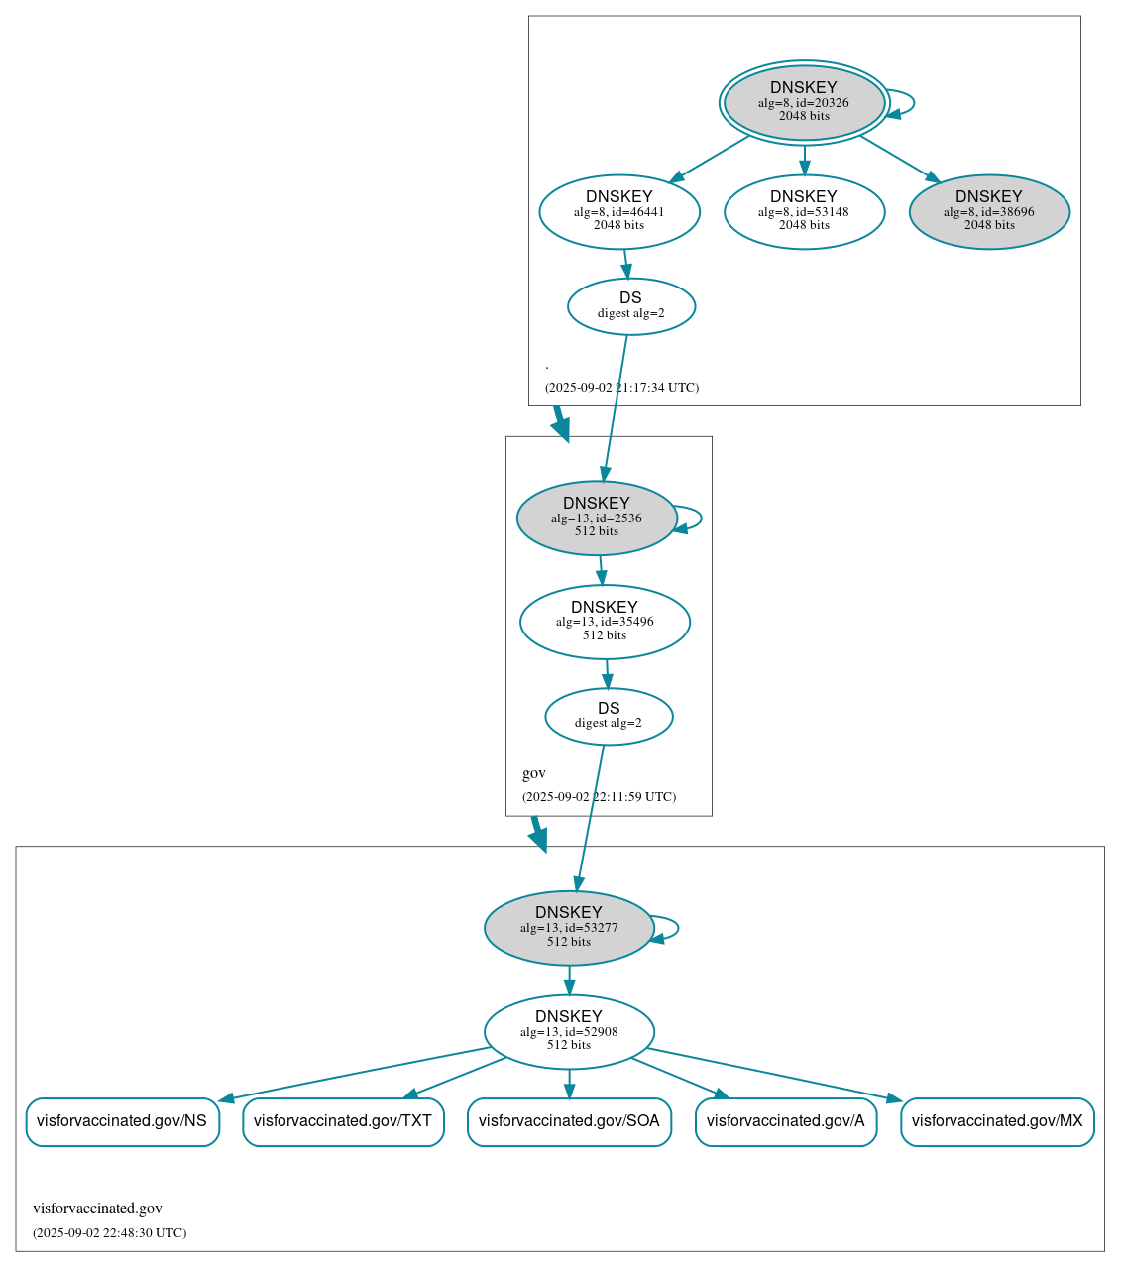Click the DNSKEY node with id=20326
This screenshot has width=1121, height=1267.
point(804,102)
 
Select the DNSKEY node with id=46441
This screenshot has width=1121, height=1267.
point(619,211)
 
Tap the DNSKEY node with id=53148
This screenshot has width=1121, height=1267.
point(804,211)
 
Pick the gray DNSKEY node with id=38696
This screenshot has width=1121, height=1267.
point(989,211)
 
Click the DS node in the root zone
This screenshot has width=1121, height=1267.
point(631,306)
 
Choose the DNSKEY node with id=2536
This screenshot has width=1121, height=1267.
point(597,518)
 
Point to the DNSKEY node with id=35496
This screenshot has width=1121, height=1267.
point(605,622)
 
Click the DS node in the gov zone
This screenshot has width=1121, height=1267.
point(609,716)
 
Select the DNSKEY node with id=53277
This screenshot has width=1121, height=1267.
point(569,928)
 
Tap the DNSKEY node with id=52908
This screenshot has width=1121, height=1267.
point(569,1032)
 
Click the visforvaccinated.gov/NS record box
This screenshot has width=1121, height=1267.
point(122,1121)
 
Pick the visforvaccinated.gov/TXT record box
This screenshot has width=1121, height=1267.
point(343,1121)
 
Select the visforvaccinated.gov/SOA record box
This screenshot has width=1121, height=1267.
point(569,1121)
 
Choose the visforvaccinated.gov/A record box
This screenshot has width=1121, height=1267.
point(786,1121)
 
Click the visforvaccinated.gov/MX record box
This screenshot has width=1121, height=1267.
point(997,1121)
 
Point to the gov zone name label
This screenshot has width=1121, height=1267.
point(534,773)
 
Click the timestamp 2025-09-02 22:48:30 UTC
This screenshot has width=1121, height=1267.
point(109,1233)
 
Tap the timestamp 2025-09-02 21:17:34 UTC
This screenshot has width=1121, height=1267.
point(621,388)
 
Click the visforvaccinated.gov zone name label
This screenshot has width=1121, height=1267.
point(97,1209)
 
